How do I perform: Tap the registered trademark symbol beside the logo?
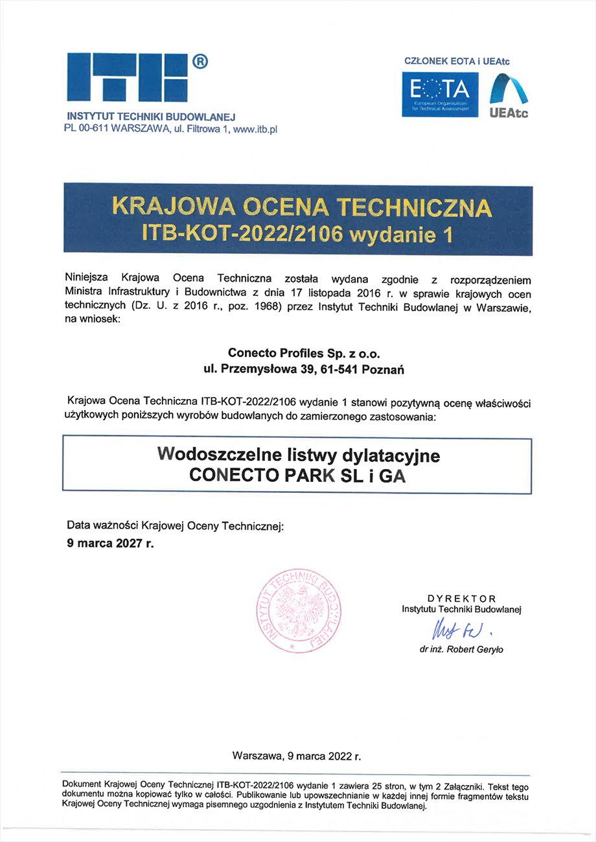tap(200, 62)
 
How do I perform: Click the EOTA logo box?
tap(441, 95)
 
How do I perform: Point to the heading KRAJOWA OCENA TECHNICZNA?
tap(302, 207)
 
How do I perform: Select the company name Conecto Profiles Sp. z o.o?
tap(304, 354)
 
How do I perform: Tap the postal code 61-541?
tap(339, 370)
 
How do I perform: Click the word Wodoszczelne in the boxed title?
tap(218, 455)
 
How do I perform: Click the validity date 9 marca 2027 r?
tap(111, 543)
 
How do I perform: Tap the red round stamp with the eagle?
tap(299, 612)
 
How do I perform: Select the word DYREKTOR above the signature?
tap(461, 598)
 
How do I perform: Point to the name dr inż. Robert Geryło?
tap(461, 650)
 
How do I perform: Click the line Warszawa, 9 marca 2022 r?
tap(297, 756)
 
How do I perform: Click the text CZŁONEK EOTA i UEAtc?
tap(457, 62)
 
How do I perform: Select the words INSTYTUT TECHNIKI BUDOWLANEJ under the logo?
tap(151, 117)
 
